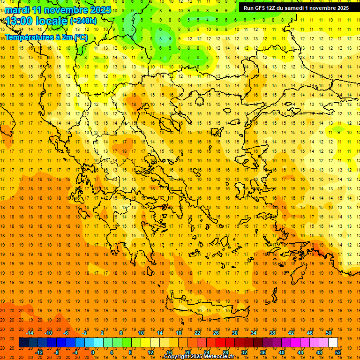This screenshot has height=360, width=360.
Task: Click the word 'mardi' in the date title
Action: point(17,10)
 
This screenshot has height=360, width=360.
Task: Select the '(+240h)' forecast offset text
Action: point(83,21)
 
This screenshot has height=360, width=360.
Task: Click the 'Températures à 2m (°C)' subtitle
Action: point(46,37)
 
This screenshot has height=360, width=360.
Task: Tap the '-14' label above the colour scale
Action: point(30,333)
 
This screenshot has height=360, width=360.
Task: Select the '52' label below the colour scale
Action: point(338,352)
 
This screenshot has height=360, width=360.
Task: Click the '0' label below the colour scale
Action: point(93,352)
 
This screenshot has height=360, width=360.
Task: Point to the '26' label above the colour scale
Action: point(216,333)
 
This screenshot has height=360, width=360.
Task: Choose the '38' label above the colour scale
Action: point(272,333)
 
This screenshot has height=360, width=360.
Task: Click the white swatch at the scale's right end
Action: point(333,343)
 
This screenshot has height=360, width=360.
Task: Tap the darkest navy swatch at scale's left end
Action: point(23,343)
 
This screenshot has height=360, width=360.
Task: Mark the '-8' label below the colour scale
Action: point(57,352)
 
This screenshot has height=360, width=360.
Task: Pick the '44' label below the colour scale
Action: point(300,352)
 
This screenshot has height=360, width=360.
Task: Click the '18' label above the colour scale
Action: point(179,333)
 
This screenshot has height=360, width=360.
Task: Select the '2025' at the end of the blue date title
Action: point(101,10)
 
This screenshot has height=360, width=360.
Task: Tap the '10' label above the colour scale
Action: point(141,333)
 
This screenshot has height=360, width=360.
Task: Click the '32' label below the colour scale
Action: point(244,352)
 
